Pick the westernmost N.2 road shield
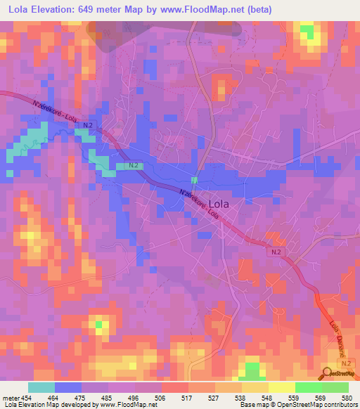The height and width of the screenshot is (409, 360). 87,125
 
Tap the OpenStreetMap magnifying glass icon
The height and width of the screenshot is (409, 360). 326,373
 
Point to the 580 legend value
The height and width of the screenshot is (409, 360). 347,397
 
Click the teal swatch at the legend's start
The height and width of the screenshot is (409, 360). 41,387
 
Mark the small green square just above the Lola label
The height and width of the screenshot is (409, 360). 194,181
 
